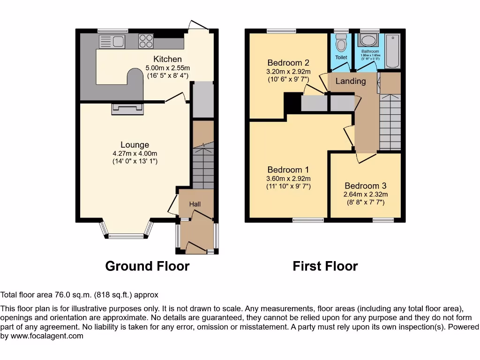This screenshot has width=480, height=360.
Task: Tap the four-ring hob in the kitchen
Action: (x=146, y=41)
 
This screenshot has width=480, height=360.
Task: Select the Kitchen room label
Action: (x=167, y=59)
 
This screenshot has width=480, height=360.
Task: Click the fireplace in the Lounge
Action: (x=127, y=109)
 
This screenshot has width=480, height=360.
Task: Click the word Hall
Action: (x=195, y=204)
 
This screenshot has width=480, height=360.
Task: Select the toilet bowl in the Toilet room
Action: (x=341, y=44)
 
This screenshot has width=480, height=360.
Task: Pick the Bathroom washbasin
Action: (x=370, y=39)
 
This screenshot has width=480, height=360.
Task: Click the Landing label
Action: (x=351, y=81)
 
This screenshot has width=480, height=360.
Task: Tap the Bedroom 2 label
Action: (x=288, y=63)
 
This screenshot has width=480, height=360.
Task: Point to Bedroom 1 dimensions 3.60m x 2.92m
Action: (x=288, y=179)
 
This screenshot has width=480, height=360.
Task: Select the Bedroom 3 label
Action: (x=366, y=186)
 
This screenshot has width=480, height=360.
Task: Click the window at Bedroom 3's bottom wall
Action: (x=383, y=219)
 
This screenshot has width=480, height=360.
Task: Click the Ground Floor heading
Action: (x=147, y=266)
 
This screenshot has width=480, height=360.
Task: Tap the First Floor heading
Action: (x=325, y=266)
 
